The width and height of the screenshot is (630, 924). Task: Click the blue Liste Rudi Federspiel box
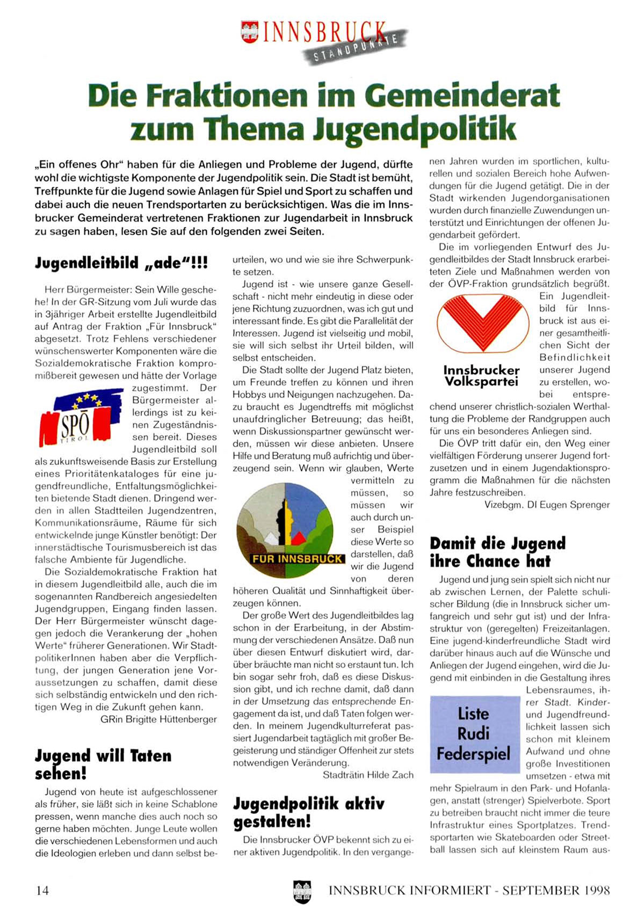pyautogui.click(x=474, y=734)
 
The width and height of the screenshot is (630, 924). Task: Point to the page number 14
pyautogui.click(x=42, y=890)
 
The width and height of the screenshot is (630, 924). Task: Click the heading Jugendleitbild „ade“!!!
pyautogui.click(x=121, y=263)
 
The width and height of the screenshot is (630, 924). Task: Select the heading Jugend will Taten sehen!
pyautogui.click(x=103, y=765)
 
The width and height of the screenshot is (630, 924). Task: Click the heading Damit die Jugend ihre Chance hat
pyautogui.click(x=497, y=552)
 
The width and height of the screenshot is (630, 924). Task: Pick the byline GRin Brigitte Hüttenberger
pyautogui.click(x=158, y=719)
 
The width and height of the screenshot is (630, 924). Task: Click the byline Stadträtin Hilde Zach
pyautogui.click(x=368, y=775)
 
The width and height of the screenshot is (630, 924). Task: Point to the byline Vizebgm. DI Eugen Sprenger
pyautogui.click(x=547, y=505)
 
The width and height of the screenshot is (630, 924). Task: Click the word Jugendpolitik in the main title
pyautogui.click(x=414, y=129)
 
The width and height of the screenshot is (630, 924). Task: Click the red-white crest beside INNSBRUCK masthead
pyautogui.click(x=250, y=32)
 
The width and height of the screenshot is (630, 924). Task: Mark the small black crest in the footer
pyautogui.click(x=302, y=891)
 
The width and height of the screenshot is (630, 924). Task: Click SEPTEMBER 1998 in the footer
pyautogui.click(x=556, y=890)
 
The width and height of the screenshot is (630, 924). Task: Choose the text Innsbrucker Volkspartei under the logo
pyautogui.click(x=481, y=376)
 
